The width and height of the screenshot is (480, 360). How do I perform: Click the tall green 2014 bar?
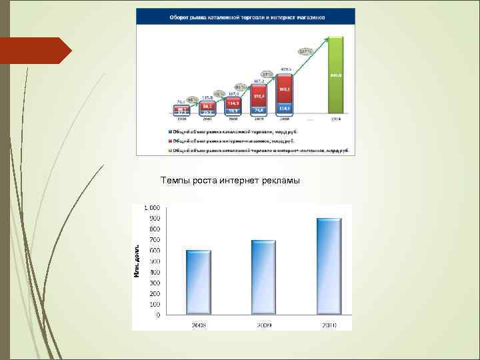(x=336, y=75)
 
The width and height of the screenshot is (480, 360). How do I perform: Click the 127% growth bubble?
(x=305, y=51)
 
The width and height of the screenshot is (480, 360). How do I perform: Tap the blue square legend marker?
(x=171, y=132)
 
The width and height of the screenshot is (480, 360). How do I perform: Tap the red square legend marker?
(x=171, y=141)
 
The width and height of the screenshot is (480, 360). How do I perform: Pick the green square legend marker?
(x=171, y=151)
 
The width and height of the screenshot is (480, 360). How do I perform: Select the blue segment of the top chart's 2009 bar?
(x=259, y=109)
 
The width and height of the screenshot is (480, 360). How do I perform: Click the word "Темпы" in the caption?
(x=174, y=181)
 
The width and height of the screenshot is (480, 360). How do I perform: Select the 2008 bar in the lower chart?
(x=199, y=283)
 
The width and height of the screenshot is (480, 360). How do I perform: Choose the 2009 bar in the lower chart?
(x=263, y=277)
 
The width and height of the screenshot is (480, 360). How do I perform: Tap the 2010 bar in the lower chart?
(x=329, y=267)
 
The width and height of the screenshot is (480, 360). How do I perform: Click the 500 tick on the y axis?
(x=154, y=261)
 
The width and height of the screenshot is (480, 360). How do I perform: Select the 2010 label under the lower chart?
(x=329, y=325)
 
